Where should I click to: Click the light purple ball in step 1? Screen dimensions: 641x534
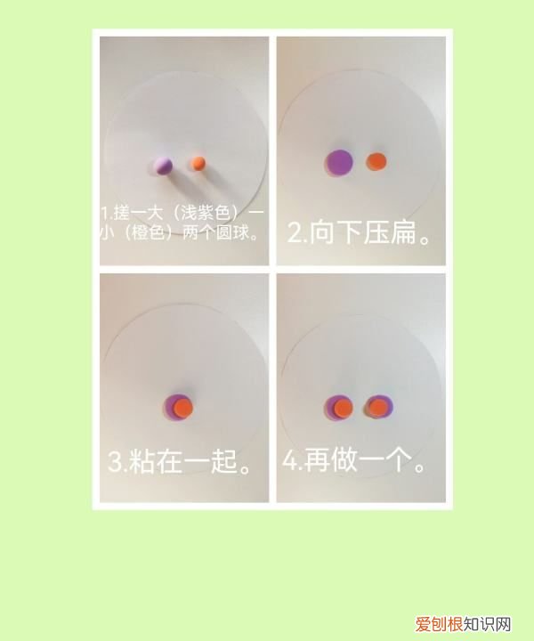point(163,165)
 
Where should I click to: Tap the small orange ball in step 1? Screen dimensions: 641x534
point(198,163)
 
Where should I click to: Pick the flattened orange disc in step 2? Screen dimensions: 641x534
point(376,162)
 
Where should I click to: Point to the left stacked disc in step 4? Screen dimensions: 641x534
point(339,408)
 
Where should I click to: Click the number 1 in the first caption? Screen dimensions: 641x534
point(103,214)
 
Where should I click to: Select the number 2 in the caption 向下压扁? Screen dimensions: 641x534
point(295,234)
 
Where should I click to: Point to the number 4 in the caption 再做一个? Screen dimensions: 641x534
point(290,462)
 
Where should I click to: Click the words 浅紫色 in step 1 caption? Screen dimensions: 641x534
point(204,214)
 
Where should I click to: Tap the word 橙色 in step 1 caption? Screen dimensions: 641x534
point(150,235)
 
